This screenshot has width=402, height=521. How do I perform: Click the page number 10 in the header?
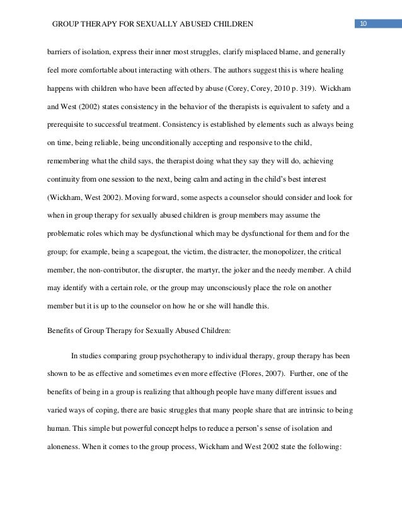coord(364,24)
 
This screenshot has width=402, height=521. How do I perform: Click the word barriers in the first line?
coord(57,51)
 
